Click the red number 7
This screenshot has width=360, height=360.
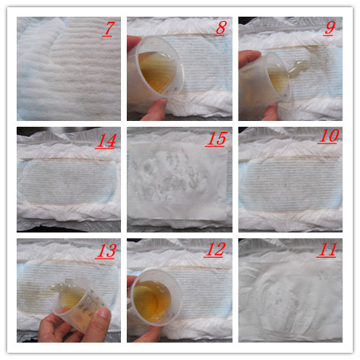(x=108, y=29)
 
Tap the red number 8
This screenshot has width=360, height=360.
(x=221, y=28)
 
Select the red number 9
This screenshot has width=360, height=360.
(x=330, y=28)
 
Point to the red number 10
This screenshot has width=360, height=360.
(x=329, y=136)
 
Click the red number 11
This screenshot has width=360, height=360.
(x=327, y=250)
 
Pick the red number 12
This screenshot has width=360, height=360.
(x=215, y=250)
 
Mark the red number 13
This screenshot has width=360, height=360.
(x=106, y=251)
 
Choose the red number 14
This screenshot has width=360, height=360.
(x=106, y=141)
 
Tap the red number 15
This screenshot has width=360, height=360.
(x=217, y=139)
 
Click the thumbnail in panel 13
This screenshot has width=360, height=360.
(x=105, y=313)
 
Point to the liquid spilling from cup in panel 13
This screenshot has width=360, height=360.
(x=60, y=285)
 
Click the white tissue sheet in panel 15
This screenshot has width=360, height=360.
(x=178, y=180)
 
